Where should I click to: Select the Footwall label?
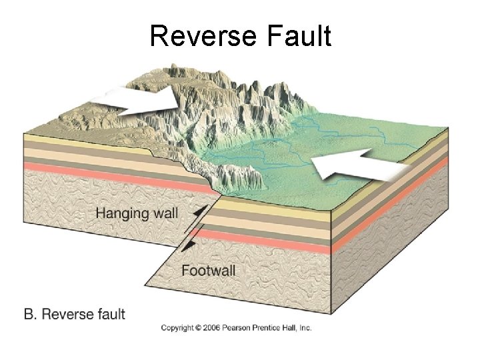[x=209, y=271]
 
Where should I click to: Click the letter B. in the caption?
[x=31, y=313]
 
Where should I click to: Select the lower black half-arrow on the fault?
[x=189, y=246]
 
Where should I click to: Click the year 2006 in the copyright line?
[x=211, y=327]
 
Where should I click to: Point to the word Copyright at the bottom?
[x=177, y=327]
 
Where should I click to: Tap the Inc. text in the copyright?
[x=305, y=327]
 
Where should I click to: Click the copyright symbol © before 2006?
[x=198, y=327]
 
